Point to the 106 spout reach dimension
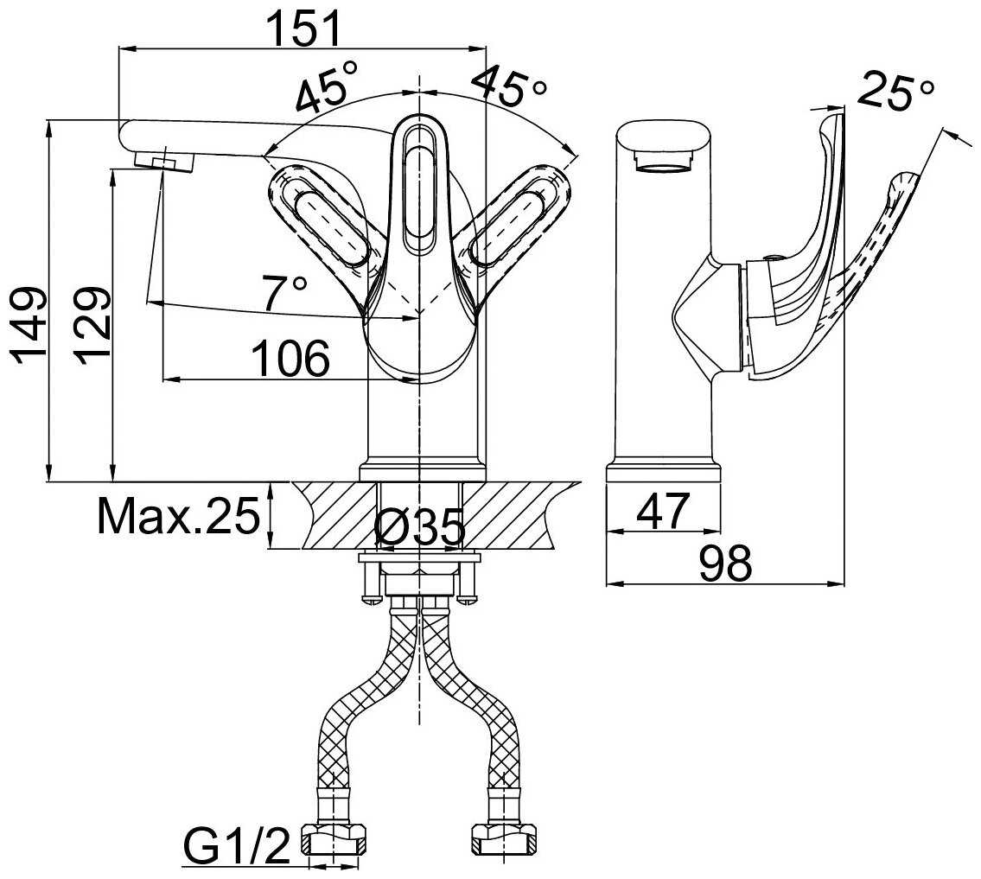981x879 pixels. coord(290,359)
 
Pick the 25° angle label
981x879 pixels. coord(895,91)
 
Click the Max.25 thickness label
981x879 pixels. coord(178,515)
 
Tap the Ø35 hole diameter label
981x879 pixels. coord(420,526)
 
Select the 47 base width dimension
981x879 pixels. coord(663,511)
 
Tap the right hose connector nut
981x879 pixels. coord(504,838)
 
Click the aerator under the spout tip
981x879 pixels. coord(164,162)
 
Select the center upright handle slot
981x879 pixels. coord(418,187)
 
